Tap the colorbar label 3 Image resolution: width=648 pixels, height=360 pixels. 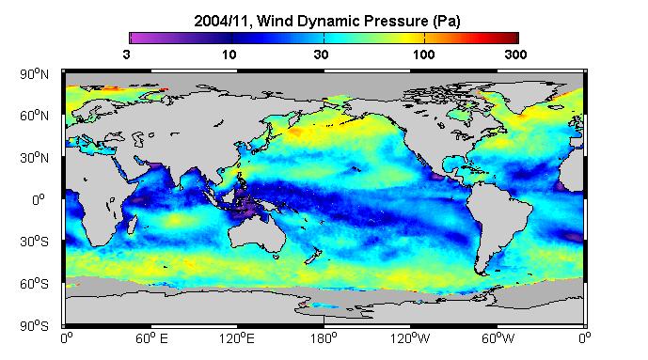pos(126,55)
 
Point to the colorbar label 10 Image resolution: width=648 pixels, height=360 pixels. pos(229,55)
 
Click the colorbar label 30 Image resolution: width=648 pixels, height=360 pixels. pos(321,55)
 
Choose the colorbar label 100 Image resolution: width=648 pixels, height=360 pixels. pos(423,55)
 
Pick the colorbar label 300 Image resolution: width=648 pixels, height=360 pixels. pos(515,55)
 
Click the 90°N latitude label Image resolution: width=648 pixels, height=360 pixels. pos(34,74)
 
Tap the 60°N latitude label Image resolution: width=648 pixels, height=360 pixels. pos(34,116)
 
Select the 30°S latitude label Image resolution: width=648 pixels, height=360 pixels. pos(34,242)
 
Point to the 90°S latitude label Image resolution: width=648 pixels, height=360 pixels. pos(34,326)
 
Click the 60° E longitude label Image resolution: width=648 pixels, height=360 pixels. pos(151,338)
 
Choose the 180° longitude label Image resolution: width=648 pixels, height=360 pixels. pos(324,338)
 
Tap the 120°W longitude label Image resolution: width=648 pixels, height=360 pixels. pos(410,338)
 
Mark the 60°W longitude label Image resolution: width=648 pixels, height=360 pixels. pos(498,338)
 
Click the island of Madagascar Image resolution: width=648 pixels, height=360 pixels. pos(132,225)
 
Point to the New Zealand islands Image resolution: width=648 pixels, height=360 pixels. pos(313,256)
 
